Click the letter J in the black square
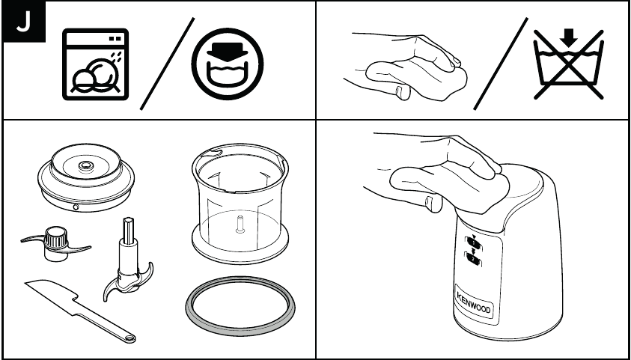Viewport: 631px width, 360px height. click(x=23, y=22)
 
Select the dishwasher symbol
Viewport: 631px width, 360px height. click(x=95, y=64)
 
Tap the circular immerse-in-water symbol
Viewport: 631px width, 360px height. click(x=228, y=64)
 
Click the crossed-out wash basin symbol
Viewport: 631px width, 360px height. click(x=568, y=64)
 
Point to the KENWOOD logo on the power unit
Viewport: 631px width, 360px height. click(x=474, y=303)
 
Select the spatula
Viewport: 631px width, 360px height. click(x=79, y=311)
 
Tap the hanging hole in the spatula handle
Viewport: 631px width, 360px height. click(x=130, y=338)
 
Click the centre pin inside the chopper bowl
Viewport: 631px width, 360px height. click(x=240, y=224)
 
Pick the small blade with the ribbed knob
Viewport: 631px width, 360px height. click(x=55, y=243)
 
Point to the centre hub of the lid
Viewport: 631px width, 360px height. click(x=85, y=165)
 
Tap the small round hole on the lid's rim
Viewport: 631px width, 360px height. click(x=76, y=207)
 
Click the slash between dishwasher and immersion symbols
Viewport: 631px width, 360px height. click(x=167, y=63)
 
